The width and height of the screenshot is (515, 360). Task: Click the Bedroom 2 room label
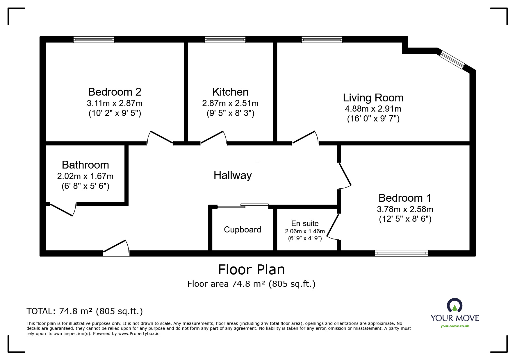coord(115,92)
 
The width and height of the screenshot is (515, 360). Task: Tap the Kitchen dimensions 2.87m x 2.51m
coord(230,103)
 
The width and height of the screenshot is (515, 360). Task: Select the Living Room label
coord(373,98)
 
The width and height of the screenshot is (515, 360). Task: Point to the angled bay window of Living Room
coord(452,60)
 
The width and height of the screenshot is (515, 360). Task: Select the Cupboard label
coord(242,230)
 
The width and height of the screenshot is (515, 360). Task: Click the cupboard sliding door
coord(243,206)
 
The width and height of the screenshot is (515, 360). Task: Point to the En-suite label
coord(305,223)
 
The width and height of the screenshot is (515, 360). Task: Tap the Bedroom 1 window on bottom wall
coord(401,253)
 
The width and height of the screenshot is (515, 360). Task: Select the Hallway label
coord(232,175)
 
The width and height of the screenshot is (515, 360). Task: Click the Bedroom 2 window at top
coord(93,40)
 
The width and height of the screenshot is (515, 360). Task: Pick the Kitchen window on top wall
coord(225,40)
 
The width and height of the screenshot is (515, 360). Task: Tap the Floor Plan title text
coord(251,270)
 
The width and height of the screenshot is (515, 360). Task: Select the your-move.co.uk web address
coord(455,326)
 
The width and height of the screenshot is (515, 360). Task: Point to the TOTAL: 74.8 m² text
coord(84,311)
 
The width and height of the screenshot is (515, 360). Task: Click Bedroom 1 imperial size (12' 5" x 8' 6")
coord(405,219)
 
